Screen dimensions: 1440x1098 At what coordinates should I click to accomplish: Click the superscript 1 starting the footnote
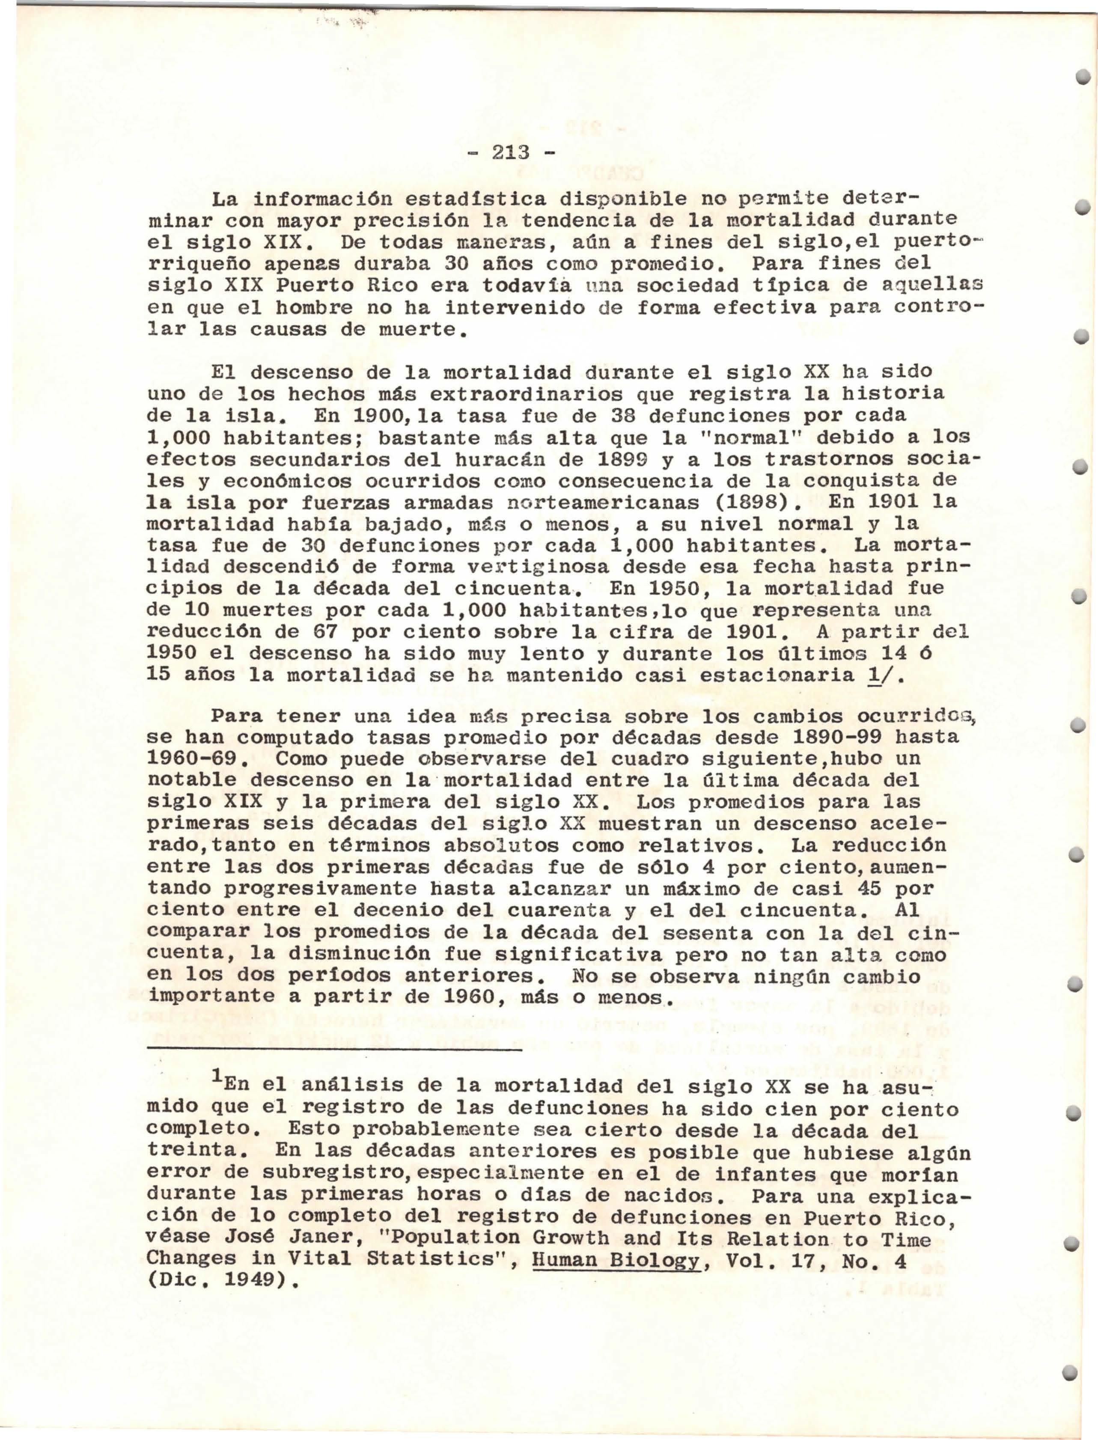tap(216, 1079)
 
